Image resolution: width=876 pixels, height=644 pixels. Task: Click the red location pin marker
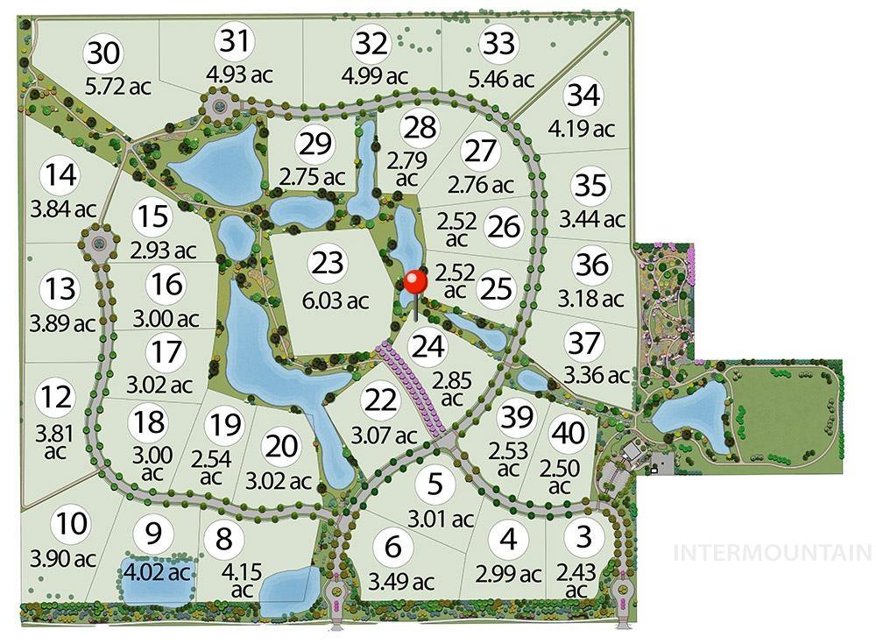[415, 282]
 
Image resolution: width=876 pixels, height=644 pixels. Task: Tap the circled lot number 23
[328, 262]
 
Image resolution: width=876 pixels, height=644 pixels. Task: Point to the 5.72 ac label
[118, 87]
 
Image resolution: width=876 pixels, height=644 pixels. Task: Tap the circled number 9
[154, 533]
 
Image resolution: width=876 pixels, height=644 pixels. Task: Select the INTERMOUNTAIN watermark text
[772, 553]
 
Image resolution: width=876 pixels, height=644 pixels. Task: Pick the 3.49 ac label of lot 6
[399, 582]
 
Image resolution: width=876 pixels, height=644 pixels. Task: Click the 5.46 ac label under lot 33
[501, 79]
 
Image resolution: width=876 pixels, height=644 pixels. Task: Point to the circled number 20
[282, 445]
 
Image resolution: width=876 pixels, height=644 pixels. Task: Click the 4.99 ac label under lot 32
[373, 75]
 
